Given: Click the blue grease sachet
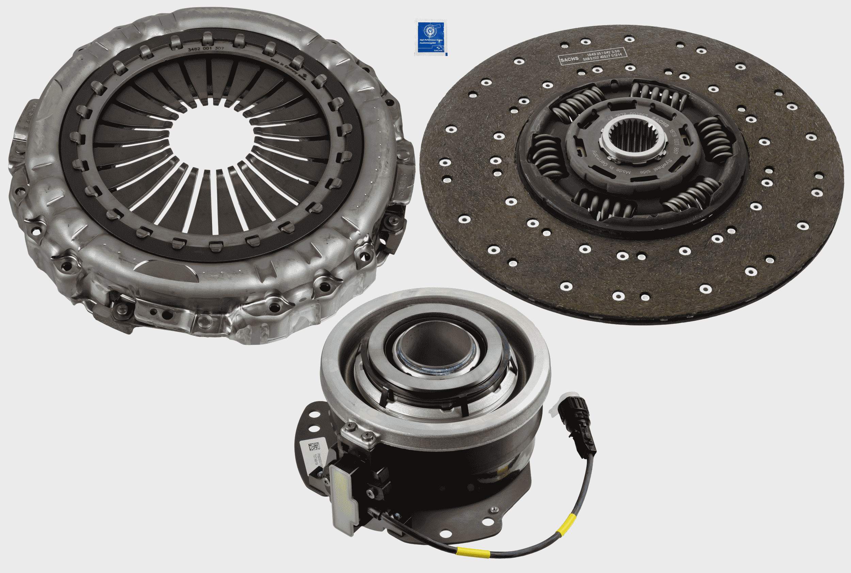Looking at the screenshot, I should (x=431, y=38).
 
